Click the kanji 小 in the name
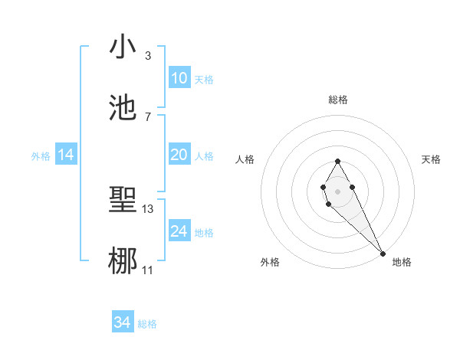[x=123, y=47]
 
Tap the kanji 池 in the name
[x=123, y=108]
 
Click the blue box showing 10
[x=179, y=78]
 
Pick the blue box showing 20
[x=179, y=155]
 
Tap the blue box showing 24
[x=179, y=231]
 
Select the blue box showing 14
[x=66, y=155]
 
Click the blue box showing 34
[x=122, y=322]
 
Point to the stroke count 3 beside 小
[x=147, y=56]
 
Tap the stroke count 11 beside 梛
[x=148, y=270]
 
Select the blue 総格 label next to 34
[x=147, y=324]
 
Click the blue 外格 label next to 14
[x=41, y=155]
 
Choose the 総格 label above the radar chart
[x=338, y=100]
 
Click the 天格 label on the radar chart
[x=431, y=159]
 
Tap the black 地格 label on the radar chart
[x=402, y=262]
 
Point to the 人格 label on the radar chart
[x=245, y=159]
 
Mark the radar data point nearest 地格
[x=383, y=253]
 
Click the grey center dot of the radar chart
[x=337, y=190]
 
